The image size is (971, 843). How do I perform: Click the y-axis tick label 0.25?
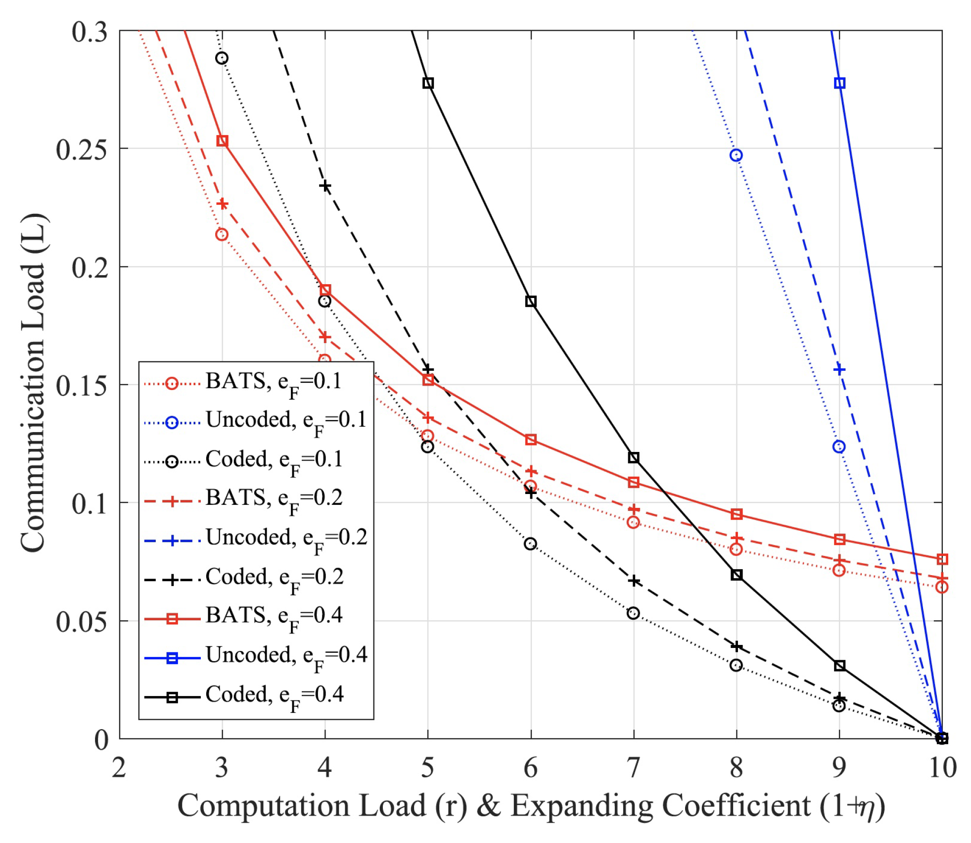coord(81,149)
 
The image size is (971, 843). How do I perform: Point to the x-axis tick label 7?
coord(633,768)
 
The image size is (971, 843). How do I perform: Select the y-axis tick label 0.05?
coord(81,622)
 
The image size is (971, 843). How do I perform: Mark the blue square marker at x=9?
coord(839,83)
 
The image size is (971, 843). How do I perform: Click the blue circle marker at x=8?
coord(736,155)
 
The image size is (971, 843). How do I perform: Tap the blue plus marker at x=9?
coord(839,370)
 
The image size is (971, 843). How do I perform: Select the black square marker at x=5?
coord(428,83)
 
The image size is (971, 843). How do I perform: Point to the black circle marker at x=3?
coord(222,58)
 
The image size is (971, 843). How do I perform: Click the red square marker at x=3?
coord(223,141)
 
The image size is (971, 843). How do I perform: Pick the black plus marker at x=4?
coord(325,186)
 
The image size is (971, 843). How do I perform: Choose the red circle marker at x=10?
coord(942,587)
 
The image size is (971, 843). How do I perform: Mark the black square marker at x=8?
coord(737,575)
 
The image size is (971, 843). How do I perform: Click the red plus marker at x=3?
coord(223,204)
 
